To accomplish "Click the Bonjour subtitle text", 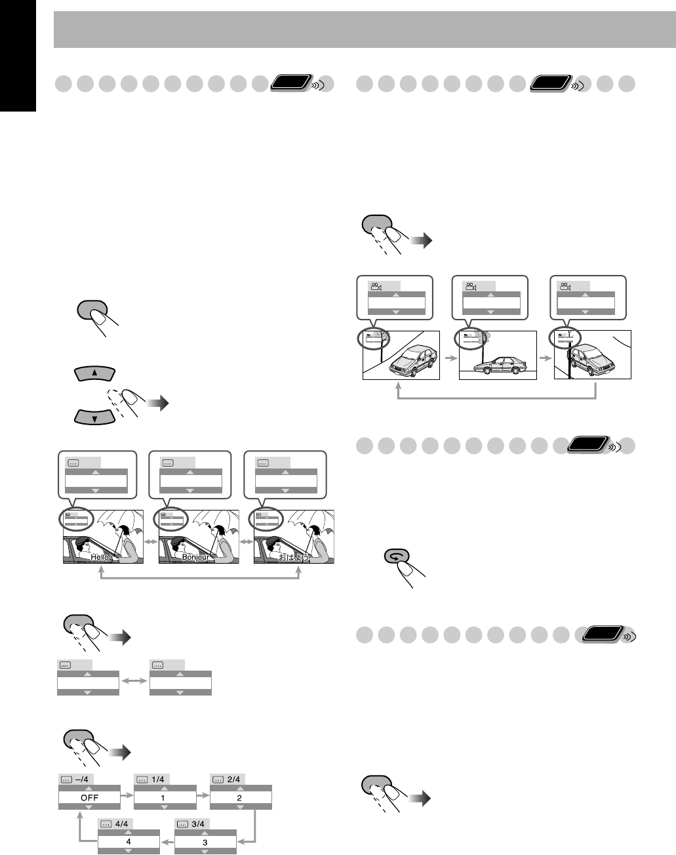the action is (x=195, y=556).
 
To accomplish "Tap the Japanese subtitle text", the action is (x=293, y=556).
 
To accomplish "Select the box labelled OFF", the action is (x=89, y=798).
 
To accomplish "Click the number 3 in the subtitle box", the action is (x=205, y=842).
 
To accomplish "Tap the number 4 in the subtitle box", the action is (x=129, y=842).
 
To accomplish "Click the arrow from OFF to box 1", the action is (x=127, y=797).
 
